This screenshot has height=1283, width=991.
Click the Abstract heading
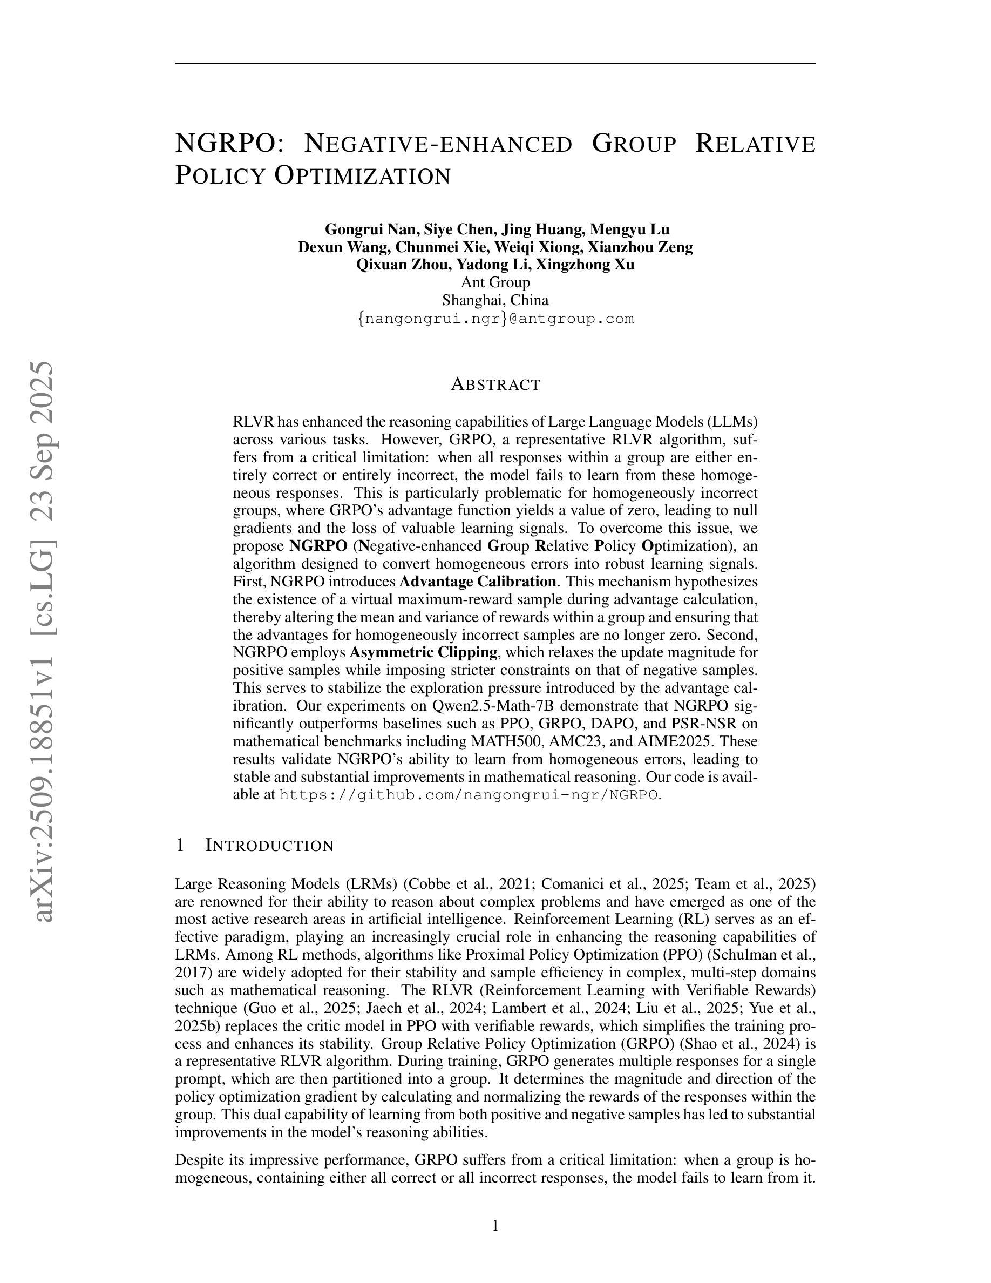pyautogui.click(x=495, y=385)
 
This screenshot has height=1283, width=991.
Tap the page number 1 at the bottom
pyautogui.click(x=495, y=1225)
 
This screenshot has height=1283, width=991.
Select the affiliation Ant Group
pyautogui.click(x=495, y=282)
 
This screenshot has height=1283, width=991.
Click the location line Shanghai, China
pyautogui.click(x=495, y=300)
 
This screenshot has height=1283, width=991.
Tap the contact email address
pyautogui.click(x=495, y=319)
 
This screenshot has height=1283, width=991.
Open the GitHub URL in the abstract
pyautogui.click(x=469, y=795)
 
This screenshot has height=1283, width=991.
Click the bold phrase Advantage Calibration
pyautogui.click(x=478, y=582)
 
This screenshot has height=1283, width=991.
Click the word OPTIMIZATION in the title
pyautogui.click(x=362, y=175)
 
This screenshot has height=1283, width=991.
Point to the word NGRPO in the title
pyautogui.click(x=225, y=143)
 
